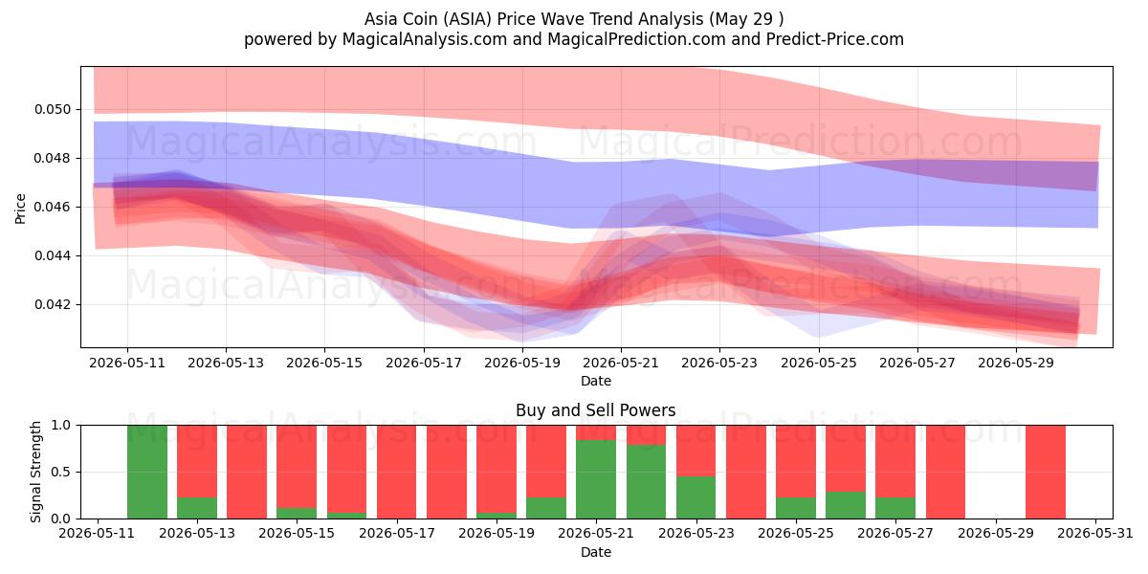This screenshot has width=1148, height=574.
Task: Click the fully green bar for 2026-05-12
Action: [147, 472]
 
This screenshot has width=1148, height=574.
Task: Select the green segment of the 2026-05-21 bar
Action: [596, 479]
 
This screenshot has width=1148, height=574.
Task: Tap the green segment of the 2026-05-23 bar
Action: [696, 497]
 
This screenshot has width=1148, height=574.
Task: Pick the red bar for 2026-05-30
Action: [1046, 472]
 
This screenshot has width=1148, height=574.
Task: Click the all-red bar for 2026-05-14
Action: [247, 472]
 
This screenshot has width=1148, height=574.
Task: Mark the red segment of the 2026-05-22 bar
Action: [647, 435]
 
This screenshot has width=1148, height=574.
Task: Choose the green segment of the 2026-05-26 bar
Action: [846, 505]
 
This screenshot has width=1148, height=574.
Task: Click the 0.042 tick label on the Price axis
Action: [53, 305]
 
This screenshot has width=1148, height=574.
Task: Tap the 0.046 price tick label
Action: [53, 207]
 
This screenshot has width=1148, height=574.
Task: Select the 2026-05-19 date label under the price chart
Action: [522, 363]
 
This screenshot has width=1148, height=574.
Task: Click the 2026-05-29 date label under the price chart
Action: [1016, 363]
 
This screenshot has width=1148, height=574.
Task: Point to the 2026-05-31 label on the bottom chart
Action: [1095, 534]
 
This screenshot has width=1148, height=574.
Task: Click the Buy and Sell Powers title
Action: [595, 410]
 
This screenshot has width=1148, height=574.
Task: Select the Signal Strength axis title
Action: [35, 472]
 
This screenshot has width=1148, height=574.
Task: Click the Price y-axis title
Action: [20, 209]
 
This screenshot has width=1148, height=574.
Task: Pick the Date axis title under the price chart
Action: [595, 381]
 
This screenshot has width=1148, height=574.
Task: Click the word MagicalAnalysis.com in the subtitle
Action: [425, 39]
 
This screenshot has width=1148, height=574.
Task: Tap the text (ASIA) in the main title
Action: [467, 19]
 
